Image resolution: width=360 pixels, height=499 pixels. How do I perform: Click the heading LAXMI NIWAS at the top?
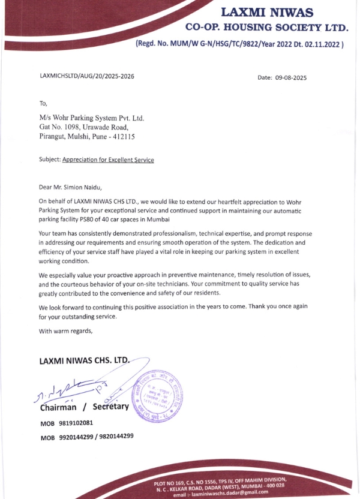(266, 11)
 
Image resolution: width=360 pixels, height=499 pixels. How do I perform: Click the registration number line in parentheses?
(239, 44)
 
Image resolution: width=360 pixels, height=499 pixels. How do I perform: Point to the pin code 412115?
(122, 137)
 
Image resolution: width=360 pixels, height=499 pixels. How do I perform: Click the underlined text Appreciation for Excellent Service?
(108, 160)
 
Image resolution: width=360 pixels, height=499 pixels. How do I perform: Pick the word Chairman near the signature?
(62, 408)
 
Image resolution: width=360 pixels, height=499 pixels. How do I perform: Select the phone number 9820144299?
(115, 436)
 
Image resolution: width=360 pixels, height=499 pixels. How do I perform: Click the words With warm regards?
(66, 330)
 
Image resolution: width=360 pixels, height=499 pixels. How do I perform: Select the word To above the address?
(43, 103)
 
